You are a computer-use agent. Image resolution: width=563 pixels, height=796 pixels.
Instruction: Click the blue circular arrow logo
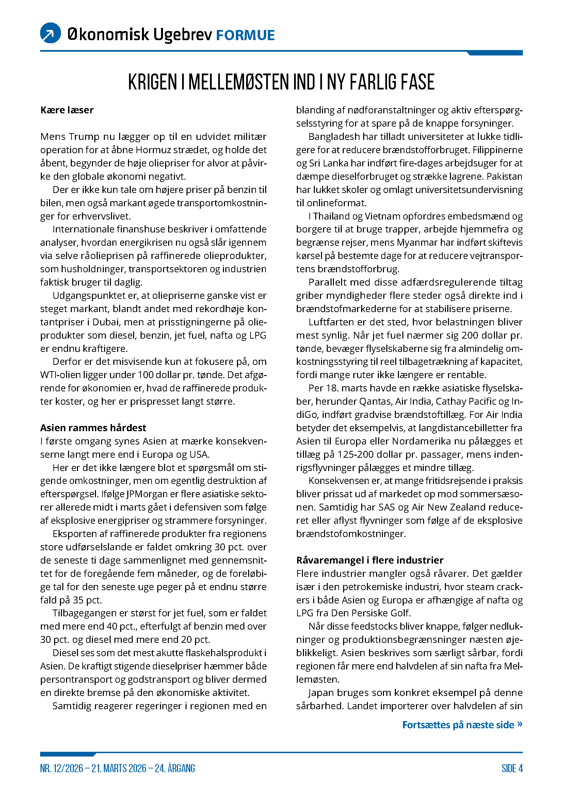(51, 33)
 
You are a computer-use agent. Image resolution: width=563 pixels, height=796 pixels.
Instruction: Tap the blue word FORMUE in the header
(245, 35)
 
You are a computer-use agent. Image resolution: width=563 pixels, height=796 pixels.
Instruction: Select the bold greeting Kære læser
(67, 110)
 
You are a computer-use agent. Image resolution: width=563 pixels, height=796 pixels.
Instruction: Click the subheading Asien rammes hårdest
(93, 428)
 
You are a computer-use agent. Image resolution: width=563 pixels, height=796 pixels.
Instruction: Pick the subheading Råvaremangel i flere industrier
(370, 560)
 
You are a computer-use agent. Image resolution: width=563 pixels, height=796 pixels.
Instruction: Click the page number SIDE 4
(512, 768)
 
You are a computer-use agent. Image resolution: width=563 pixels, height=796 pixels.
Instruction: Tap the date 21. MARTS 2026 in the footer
(119, 768)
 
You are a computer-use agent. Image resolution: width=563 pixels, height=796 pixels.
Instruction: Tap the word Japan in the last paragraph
(321, 693)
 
